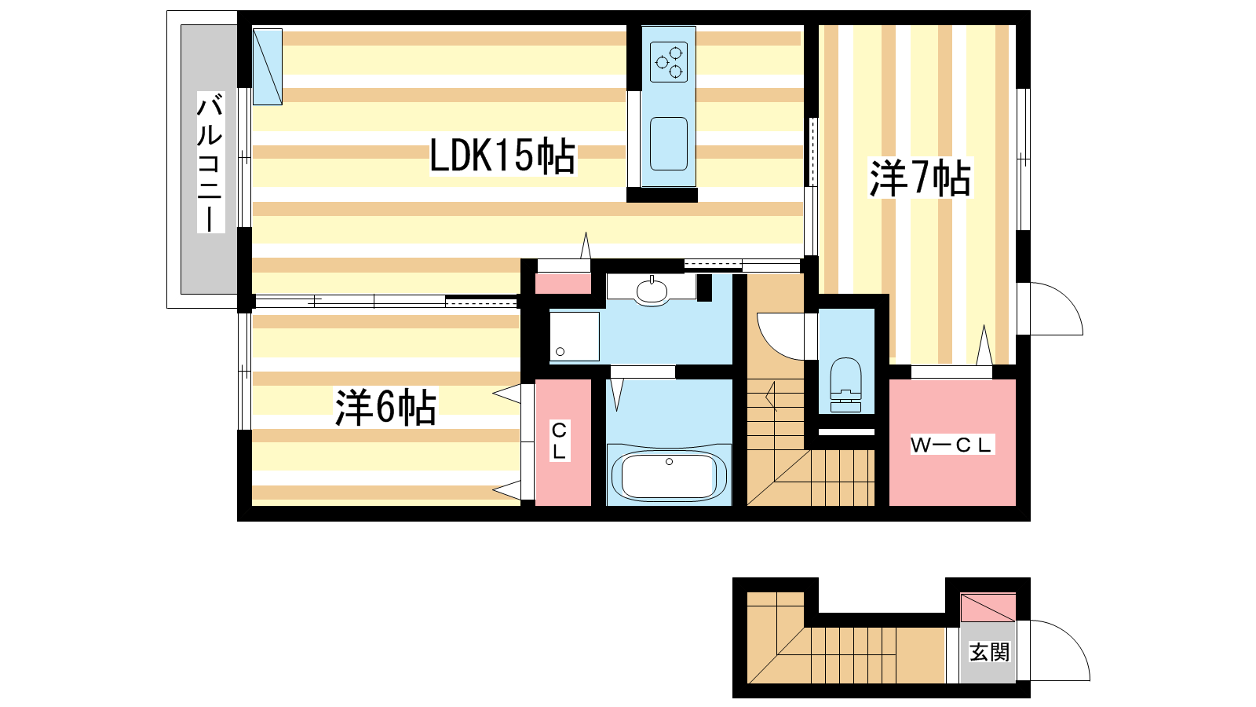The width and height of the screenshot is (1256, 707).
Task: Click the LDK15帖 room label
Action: pos(502,156)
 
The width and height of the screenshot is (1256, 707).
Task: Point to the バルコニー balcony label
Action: pos(210,162)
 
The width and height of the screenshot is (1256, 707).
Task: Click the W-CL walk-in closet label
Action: pos(951,445)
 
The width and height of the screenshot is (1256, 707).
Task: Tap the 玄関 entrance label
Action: pos(990,653)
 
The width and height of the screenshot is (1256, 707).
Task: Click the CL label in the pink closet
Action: pos(559,441)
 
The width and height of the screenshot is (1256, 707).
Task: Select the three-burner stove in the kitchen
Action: pos(669,62)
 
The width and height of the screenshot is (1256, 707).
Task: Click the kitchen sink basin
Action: pos(668,144)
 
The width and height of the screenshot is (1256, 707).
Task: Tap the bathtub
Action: pos(669,474)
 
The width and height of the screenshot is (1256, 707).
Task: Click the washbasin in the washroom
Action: pos(652,291)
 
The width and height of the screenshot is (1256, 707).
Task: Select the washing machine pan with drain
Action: pos(574,336)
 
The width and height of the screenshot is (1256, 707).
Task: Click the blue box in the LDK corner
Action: pos(268,67)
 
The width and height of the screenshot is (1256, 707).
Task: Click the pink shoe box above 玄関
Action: pos(988,607)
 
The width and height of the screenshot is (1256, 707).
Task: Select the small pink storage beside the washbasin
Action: pos(563,284)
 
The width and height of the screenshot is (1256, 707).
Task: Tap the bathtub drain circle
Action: pos(669,462)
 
